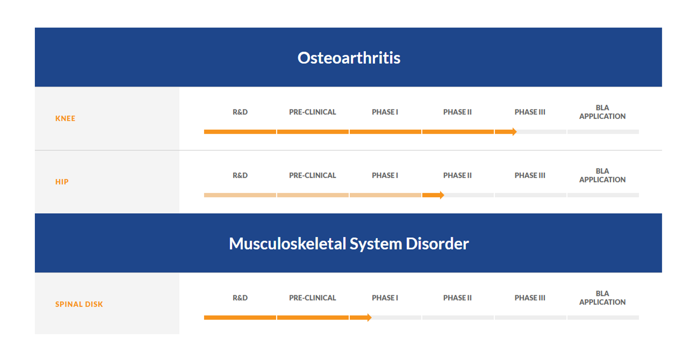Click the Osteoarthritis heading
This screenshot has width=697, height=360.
point(349,58)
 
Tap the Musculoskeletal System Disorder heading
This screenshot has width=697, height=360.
point(349,244)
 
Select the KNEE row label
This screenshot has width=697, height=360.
point(65,118)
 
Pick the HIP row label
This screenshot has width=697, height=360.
point(62,182)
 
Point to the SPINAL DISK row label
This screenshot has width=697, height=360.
point(79,304)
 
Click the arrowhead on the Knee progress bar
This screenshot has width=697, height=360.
point(514,132)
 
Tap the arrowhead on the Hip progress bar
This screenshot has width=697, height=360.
point(442,195)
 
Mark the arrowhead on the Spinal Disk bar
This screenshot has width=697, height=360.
point(369,318)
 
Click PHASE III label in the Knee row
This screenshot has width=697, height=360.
point(530,112)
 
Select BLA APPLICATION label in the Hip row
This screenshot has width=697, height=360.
point(603,175)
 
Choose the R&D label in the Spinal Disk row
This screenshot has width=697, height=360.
point(240,298)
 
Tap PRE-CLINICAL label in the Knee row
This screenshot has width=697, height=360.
point(313,112)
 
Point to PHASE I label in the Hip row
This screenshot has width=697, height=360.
point(385,176)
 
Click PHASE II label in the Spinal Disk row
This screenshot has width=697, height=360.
point(457,298)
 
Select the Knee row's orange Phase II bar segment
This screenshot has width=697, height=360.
point(458,132)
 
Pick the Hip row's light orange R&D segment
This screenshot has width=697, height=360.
point(240,195)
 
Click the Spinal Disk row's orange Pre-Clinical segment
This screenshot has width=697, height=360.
point(313,318)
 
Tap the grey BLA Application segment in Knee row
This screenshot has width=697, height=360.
point(603,132)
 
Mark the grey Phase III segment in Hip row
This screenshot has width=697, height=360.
point(531,195)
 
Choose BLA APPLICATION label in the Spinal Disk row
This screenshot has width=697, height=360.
point(603,298)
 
